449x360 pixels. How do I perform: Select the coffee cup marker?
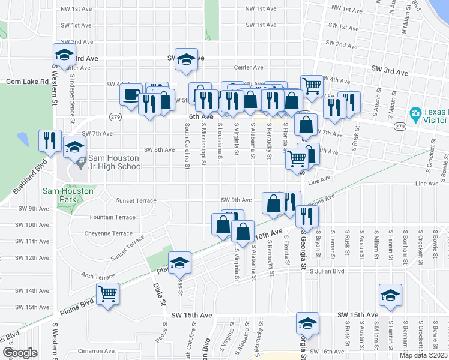(x=131, y=95)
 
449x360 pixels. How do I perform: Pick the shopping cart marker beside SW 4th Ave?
(x=312, y=87)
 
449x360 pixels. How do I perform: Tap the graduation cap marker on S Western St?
(x=65, y=55)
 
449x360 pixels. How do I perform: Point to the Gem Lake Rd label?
(x=27, y=81)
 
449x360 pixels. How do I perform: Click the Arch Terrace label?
(x=97, y=276)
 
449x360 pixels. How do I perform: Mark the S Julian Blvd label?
(x=327, y=271)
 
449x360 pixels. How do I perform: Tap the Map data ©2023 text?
(x=424, y=355)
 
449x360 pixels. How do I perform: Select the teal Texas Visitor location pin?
(x=414, y=113)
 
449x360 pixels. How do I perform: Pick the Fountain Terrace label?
(x=112, y=217)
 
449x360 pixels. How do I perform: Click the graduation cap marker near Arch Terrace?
(x=179, y=263)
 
